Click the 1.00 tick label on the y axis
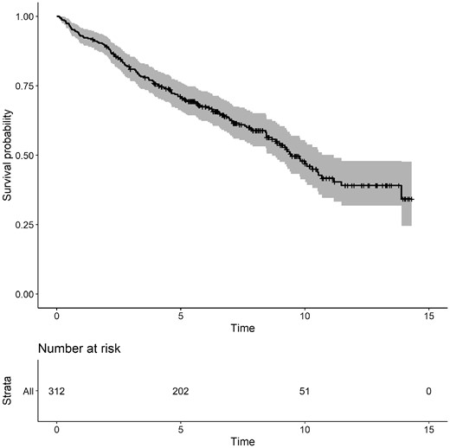[26, 16]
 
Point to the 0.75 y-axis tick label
[26, 86]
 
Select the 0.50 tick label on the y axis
[26, 156]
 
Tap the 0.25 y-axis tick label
[26, 225]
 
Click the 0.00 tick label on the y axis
[26, 294]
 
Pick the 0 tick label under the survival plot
[56, 317]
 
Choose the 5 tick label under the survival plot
[181, 317]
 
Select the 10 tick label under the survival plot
[305, 317]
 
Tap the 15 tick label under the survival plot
[428, 317]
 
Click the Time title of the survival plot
[242, 329]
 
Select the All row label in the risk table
[29, 392]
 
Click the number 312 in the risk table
[56, 392]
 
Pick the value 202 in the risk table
[181, 392]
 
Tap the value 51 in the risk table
[305, 392]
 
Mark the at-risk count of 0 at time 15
[428, 392]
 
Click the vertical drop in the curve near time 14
[402, 192]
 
